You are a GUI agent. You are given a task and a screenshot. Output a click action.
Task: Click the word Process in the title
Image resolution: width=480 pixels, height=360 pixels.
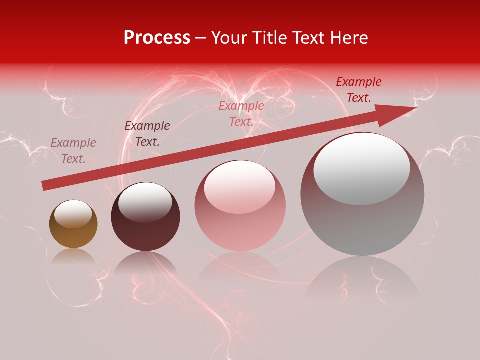157,38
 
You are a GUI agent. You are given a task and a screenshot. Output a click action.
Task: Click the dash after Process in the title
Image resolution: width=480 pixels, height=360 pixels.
201,39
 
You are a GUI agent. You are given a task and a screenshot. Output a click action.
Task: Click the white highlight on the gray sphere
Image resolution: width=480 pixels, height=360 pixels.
361,169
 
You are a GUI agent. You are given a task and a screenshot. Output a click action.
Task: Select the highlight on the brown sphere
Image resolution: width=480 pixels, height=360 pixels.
73,214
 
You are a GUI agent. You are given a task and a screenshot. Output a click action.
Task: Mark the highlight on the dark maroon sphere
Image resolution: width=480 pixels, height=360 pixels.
145,202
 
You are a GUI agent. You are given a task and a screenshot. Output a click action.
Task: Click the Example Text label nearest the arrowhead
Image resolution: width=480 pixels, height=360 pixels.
358,90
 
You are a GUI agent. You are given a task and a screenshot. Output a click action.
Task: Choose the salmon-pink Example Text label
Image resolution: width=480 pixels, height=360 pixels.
241,114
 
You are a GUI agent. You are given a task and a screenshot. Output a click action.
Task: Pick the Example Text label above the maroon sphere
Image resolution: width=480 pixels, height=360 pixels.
147,134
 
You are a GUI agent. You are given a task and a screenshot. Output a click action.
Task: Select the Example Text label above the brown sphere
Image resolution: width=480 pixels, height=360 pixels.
73,151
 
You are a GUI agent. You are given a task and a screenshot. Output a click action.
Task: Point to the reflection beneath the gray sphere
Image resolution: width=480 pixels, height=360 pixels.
362,280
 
